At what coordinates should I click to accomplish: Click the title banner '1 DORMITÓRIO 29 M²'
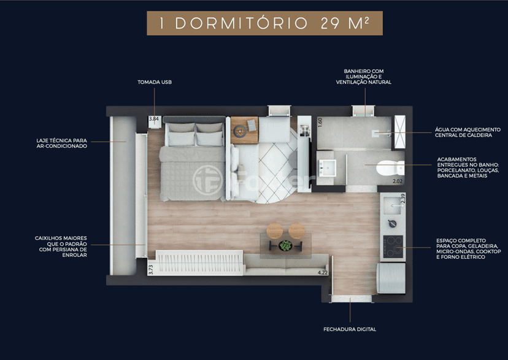(x=264, y=23)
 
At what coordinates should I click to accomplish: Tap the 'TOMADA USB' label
(x=155, y=82)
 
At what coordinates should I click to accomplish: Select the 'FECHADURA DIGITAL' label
(x=350, y=329)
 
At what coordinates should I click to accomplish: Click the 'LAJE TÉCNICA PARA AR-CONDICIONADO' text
(x=61, y=143)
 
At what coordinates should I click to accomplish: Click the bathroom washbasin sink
(x=327, y=168)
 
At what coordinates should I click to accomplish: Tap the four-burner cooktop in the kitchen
(x=393, y=247)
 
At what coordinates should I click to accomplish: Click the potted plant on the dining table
(x=285, y=246)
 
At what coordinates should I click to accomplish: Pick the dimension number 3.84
(x=153, y=119)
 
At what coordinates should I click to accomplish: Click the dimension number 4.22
(x=323, y=272)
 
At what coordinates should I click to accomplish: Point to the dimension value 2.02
(x=398, y=182)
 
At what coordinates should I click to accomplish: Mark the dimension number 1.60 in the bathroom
(x=320, y=123)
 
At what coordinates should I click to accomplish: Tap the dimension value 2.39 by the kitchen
(x=402, y=198)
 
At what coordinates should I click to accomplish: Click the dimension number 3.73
(x=151, y=270)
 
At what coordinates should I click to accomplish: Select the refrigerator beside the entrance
(x=391, y=278)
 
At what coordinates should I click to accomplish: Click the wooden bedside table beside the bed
(x=244, y=130)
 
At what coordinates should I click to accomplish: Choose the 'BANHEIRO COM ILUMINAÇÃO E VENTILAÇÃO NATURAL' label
(x=363, y=77)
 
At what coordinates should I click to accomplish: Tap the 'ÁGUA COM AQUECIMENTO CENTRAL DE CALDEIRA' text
(x=468, y=132)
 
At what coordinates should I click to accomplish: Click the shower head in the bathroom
(x=375, y=133)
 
